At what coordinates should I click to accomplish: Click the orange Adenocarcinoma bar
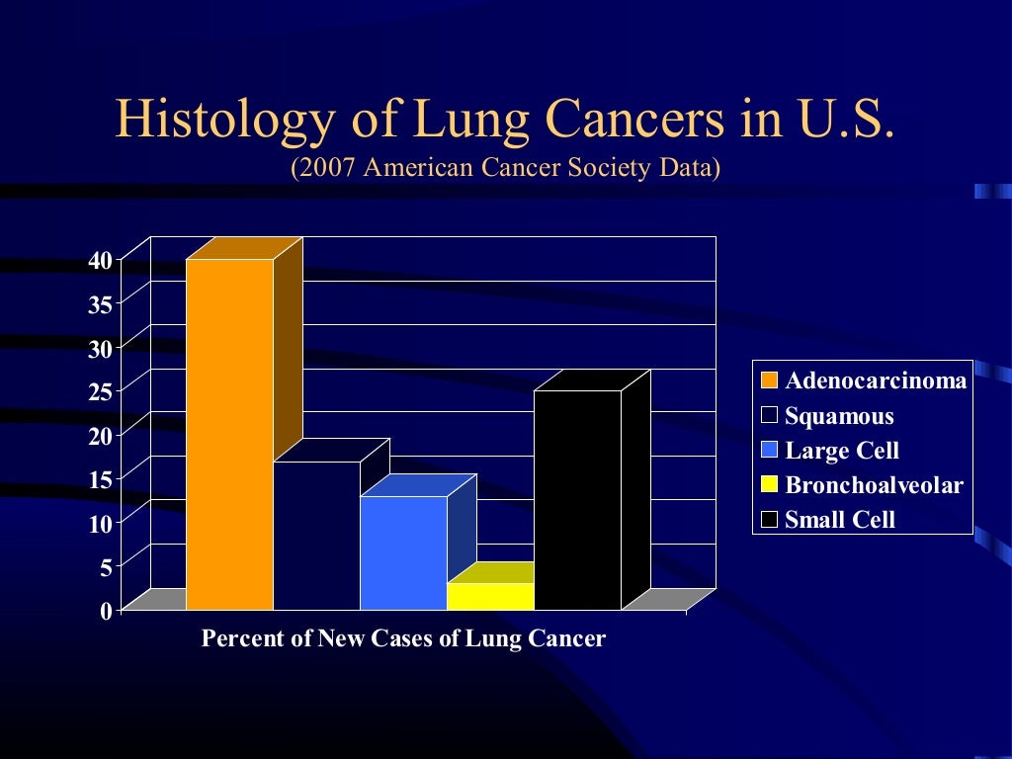click(x=229, y=435)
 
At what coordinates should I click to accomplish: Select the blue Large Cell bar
click(x=403, y=553)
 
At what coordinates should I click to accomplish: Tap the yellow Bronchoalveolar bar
click(x=490, y=596)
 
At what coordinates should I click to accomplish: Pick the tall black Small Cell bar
click(x=577, y=499)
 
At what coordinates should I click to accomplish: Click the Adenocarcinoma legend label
click(x=876, y=380)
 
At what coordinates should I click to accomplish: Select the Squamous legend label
click(x=839, y=416)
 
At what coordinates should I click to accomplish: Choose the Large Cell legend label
click(x=842, y=451)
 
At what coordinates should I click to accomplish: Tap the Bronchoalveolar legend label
click(x=874, y=485)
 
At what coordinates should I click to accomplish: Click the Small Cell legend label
click(x=840, y=520)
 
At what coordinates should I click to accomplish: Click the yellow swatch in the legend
click(x=769, y=485)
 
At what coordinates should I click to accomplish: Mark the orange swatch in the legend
click(x=769, y=380)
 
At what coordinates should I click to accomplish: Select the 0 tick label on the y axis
click(x=106, y=611)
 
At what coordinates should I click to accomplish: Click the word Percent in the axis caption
click(x=237, y=638)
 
